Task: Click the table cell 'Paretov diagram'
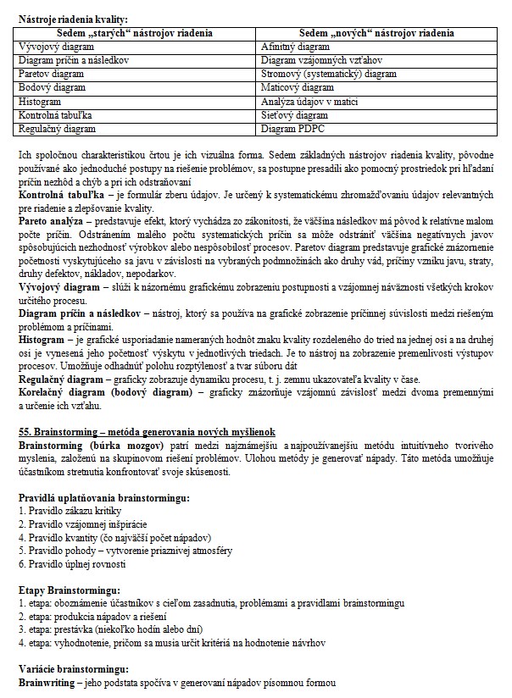coord(51,74)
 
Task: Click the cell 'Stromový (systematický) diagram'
coord(329,74)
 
